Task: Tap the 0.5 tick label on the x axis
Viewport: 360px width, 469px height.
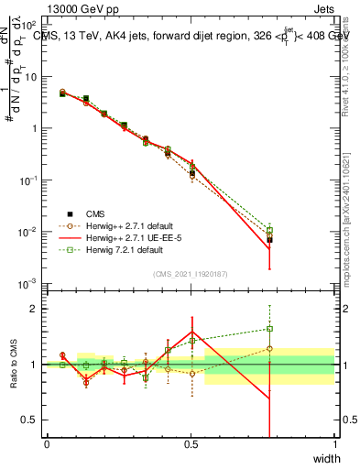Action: point(191,444)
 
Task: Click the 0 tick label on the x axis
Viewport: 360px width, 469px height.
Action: point(47,444)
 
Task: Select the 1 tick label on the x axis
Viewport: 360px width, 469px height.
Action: point(334,444)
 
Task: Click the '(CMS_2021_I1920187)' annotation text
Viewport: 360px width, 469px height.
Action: point(191,274)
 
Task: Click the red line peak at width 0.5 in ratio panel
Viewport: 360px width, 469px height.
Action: point(191,332)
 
